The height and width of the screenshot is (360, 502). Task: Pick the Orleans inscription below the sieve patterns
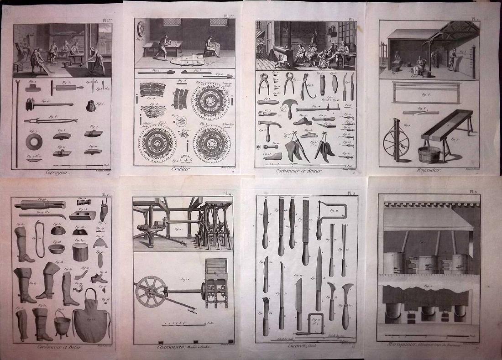click(x=184, y=158)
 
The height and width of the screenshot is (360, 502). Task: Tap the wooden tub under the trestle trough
click(x=429, y=154)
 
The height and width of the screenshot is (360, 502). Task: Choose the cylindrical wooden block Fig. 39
click(x=80, y=251)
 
